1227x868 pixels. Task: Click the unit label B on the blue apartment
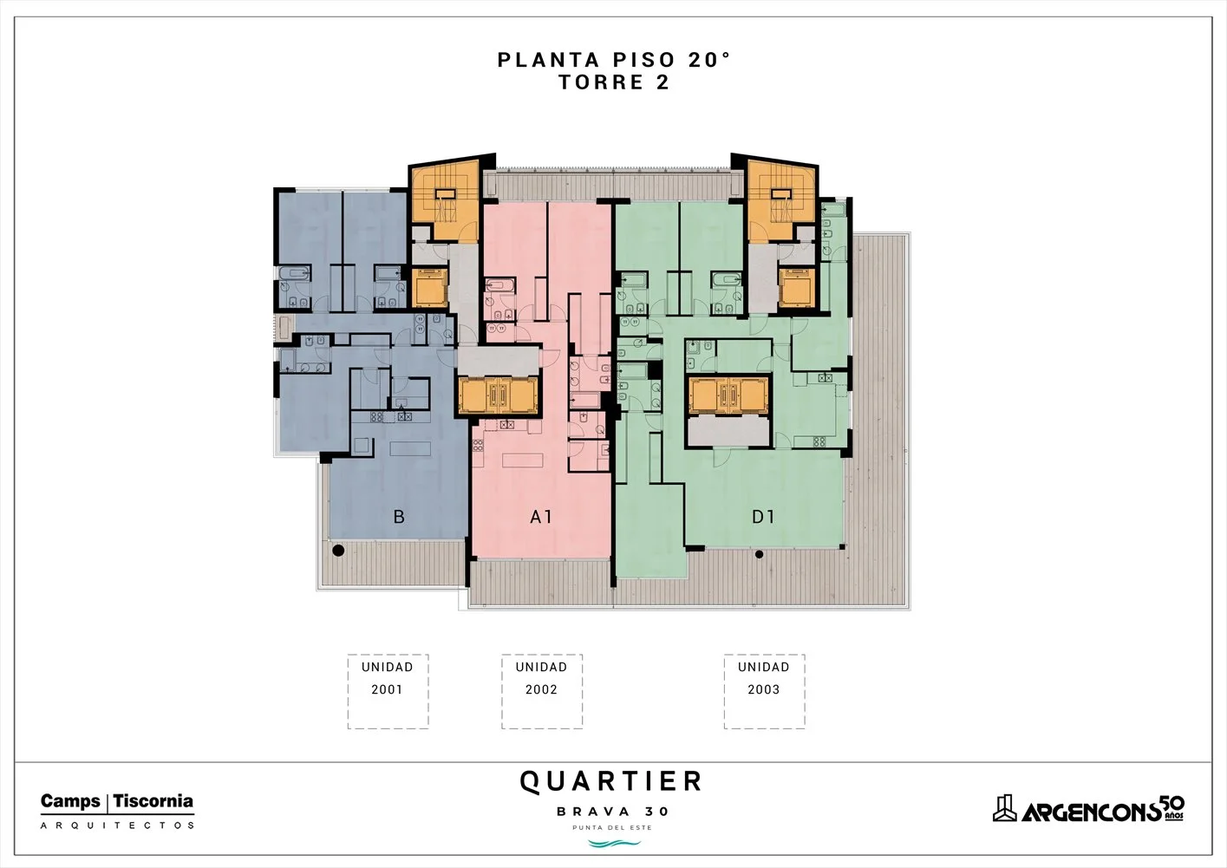click(399, 517)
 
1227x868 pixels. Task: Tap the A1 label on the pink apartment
click(541, 517)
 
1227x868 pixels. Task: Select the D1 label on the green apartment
click(763, 517)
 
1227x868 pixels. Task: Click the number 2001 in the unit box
click(388, 689)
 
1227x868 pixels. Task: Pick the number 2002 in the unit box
click(541, 689)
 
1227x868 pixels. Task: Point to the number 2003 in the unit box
click(764, 689)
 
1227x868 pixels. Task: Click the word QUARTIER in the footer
click(610, 782)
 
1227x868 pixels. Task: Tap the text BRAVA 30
click(613, 812)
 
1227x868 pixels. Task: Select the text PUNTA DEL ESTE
click(612, 827)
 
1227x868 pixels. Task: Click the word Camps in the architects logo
click(70, 801)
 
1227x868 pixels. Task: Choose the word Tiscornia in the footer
click(153, 801)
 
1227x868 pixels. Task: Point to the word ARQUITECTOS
click(117, 826)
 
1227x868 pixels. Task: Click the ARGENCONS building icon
click(1005, 808)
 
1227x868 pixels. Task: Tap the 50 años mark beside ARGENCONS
click(1173, 807)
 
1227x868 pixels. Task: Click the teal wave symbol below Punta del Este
click(614, 844)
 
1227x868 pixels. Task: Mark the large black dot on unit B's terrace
click(338, 551)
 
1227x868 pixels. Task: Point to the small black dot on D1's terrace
click(760, 554)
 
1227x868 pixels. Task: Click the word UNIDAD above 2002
click(541, 667)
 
